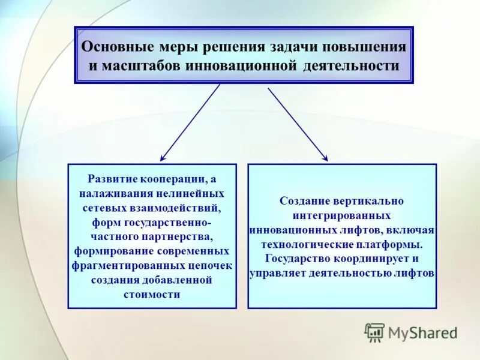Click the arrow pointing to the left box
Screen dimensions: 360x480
point(190,122)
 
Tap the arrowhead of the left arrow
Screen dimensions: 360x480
point(163,158)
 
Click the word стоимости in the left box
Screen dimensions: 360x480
point(152,294)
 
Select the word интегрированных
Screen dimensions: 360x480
point(343,215)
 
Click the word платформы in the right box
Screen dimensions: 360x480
point(395,244)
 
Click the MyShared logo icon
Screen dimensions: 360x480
point(374,332)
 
